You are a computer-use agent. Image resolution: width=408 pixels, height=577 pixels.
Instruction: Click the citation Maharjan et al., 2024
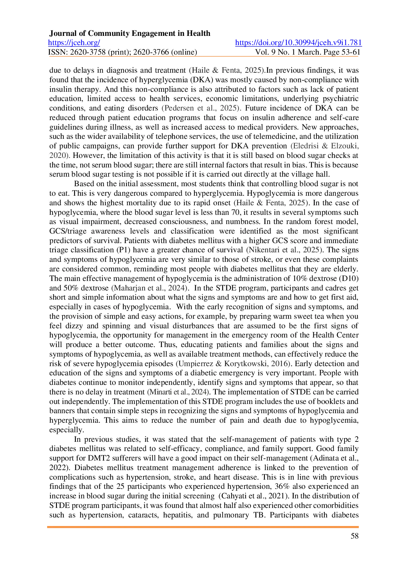pyautogui.click(x=150, y=288)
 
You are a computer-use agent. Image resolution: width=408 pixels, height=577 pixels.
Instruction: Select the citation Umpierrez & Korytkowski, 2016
pyautogui.click(x=234, y=364)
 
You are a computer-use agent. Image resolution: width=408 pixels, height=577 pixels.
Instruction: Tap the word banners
pyautogui.click(x=62, y=411)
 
